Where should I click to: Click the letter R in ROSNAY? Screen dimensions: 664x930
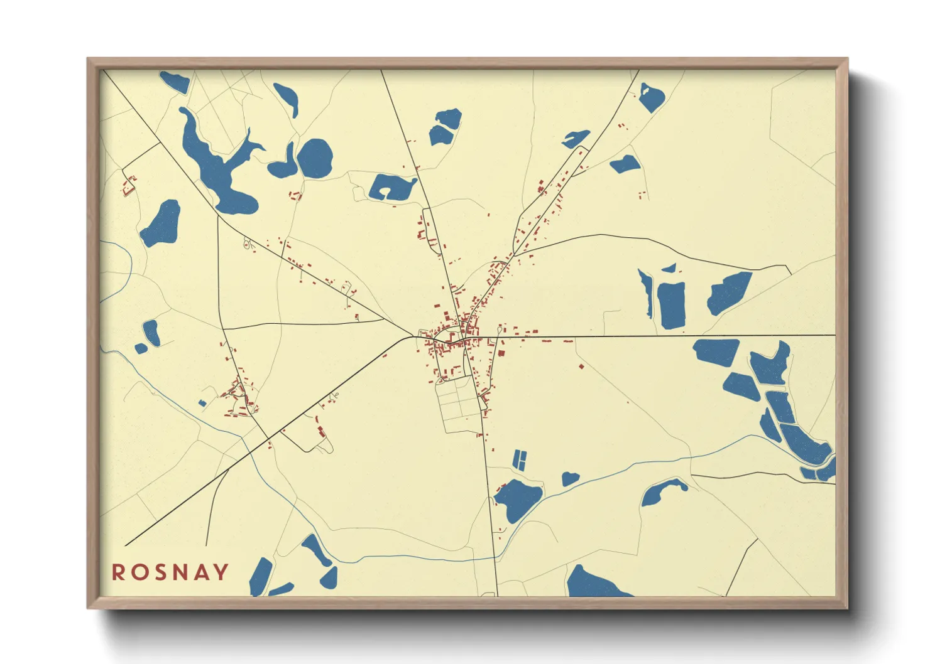118,572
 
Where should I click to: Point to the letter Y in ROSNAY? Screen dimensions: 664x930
221,572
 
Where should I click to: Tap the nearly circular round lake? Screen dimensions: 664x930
314,158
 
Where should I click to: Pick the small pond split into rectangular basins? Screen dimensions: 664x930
519,460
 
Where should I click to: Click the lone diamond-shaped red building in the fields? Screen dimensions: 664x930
581,365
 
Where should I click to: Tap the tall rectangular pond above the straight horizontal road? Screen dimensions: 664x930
672,305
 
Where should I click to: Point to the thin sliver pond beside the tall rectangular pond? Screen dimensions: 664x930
646,291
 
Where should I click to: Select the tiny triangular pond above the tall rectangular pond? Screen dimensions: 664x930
669,269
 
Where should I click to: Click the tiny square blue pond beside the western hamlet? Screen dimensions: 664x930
202,403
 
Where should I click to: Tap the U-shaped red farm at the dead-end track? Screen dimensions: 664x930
129,186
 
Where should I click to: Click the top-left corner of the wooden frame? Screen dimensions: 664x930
89,60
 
